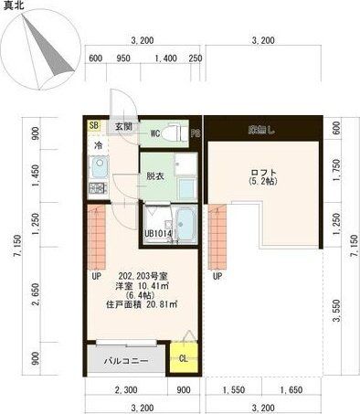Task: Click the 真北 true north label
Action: click(16, 6)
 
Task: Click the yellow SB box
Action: click(93, 126)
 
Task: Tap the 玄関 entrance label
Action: click(122, 126)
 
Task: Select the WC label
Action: click(155, 133)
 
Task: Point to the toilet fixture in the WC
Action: click(179, 133)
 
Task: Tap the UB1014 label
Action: click(158, 234)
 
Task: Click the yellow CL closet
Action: click(183, 356)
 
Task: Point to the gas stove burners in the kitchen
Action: click(95, 188)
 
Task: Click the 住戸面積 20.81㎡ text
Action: click(140, 303)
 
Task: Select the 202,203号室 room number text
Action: click(142, 275)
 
